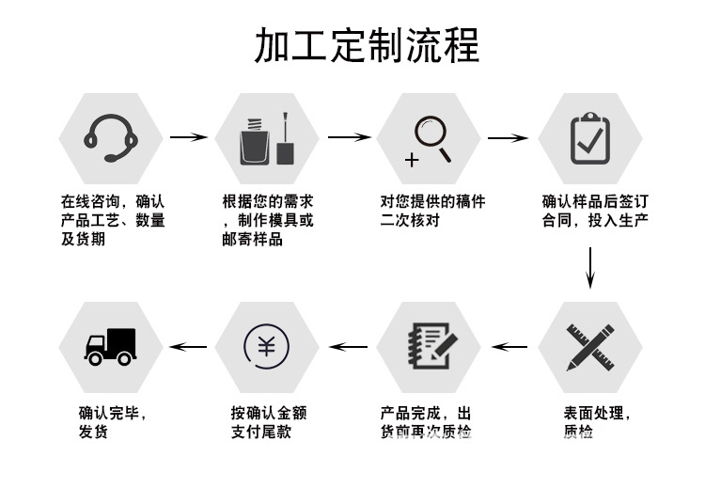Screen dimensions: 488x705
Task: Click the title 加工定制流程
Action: click(367, 45)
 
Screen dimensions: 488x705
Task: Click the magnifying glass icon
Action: click(429, 138)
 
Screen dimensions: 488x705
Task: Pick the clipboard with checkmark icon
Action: click(589, 138)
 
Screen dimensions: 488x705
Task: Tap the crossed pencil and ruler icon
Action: click(589, 346)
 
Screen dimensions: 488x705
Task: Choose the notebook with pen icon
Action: click(429, 346)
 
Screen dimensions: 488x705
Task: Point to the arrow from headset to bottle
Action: click(188, 137)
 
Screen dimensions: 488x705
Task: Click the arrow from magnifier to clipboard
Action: click(508, 137)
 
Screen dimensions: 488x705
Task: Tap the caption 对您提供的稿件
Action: click(432, 201)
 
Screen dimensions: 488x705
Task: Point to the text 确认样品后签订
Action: click(595, 201)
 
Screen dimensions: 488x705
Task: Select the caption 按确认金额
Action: click(269, 413)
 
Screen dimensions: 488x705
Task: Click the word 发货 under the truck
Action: click(93, 432)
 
